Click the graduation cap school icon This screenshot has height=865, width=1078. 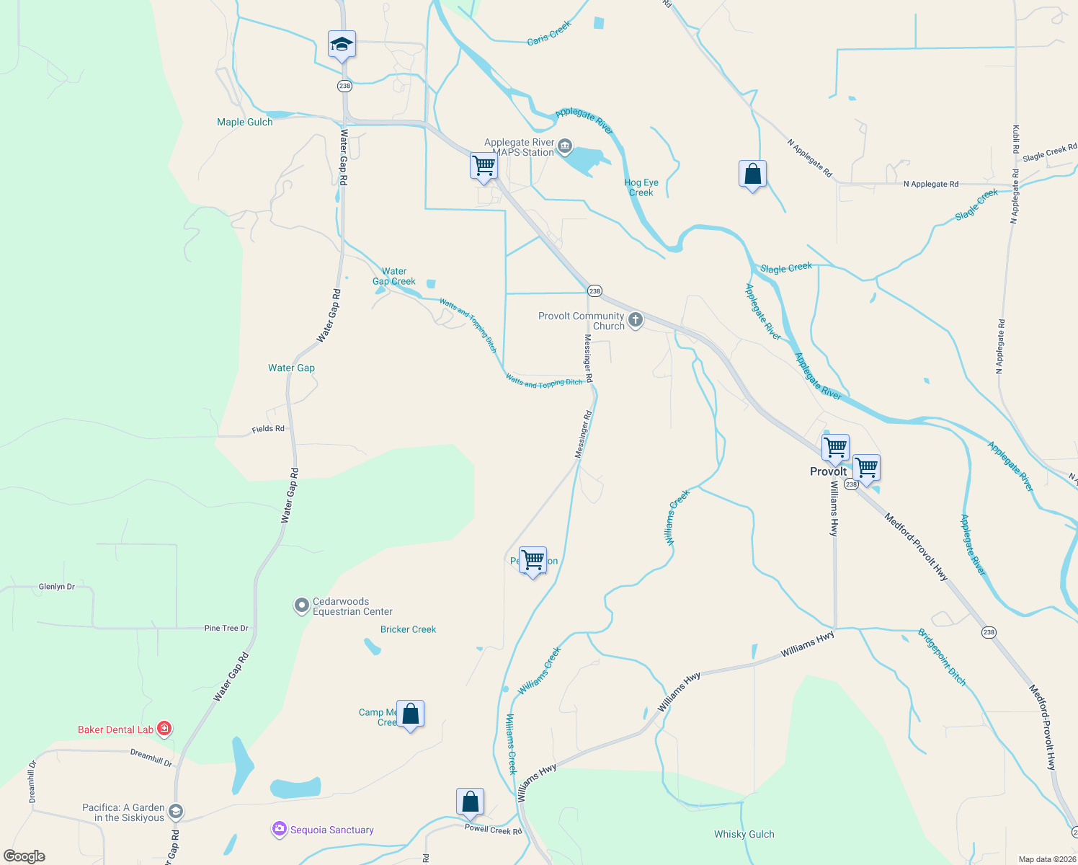point(342,45)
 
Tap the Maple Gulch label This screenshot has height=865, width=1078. point(245,122)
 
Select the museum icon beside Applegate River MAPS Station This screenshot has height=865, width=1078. point(565,147)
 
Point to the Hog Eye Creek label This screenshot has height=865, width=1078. point(641,187)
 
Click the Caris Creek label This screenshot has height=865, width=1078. point(549,33)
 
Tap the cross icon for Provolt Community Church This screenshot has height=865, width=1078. point(635,319)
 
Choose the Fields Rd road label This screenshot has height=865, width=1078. point(268,429)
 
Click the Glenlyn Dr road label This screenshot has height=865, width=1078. point(57,587)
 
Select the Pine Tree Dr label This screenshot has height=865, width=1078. point(226,629)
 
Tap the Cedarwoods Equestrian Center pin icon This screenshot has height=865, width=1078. point(302,606)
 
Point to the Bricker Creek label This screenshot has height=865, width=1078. point(409,629)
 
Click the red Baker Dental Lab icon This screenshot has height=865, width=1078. point(164,729)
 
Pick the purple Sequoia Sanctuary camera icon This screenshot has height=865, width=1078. point(279,830)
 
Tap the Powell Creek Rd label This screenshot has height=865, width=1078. point(493,830)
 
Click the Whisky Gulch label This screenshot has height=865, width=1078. point(744,834)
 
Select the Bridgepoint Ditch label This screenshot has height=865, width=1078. point(941,657)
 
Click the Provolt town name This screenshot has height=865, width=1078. point(829,471)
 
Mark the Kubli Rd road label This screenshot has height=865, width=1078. point(1016,138)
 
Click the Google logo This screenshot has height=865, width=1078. point(24,856)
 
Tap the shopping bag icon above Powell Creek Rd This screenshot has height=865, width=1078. point(470,802)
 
